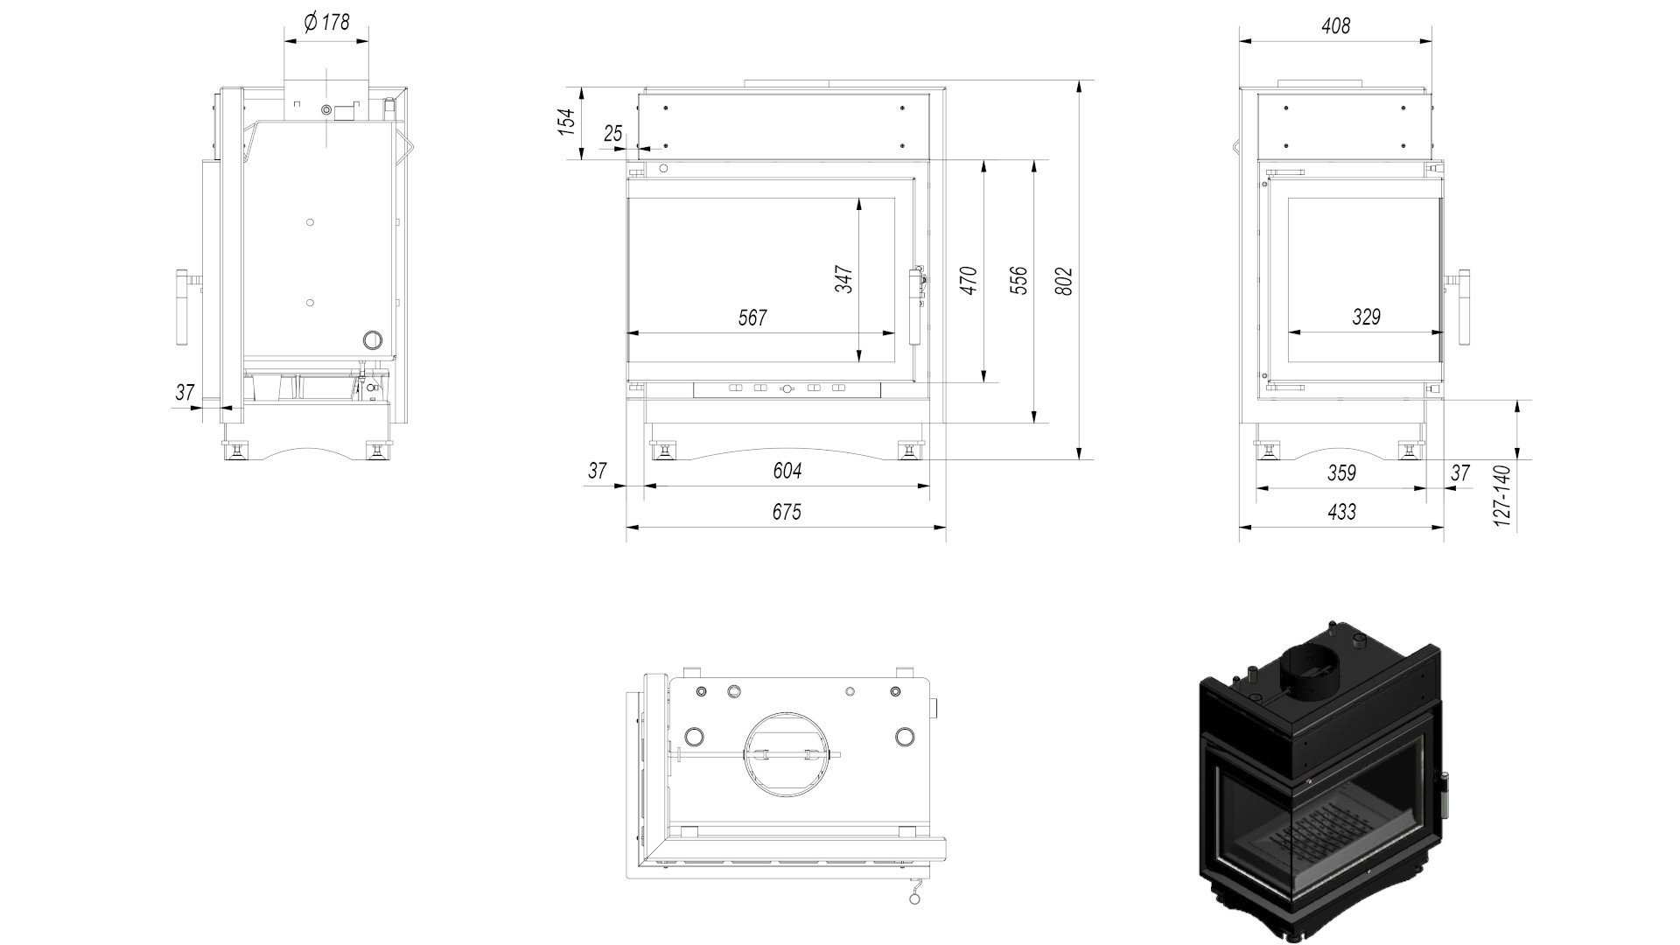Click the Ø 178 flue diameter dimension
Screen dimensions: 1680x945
tap(326, 23)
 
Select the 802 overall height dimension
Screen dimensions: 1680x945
tap(1064, 281)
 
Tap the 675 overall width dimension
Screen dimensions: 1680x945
tap(787, 512)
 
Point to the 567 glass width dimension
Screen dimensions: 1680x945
tap(752, 318)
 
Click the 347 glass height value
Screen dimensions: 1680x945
tap(843, 279)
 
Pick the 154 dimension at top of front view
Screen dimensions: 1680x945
tap(568, 121)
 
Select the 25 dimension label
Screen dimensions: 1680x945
tap(613, 134)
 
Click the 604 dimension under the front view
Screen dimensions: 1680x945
tap(787, 471)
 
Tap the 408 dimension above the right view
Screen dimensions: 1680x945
tap(1336, 26)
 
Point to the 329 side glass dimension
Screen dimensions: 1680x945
tap(1366, 317)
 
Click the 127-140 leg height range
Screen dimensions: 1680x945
tap(1502, 496)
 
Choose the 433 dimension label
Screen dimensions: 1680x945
tap(1341, 512)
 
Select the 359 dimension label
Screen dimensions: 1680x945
tap(1341, 473)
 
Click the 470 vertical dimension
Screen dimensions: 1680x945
tap(969, 281)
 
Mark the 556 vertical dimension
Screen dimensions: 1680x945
tap(1018, 281)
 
